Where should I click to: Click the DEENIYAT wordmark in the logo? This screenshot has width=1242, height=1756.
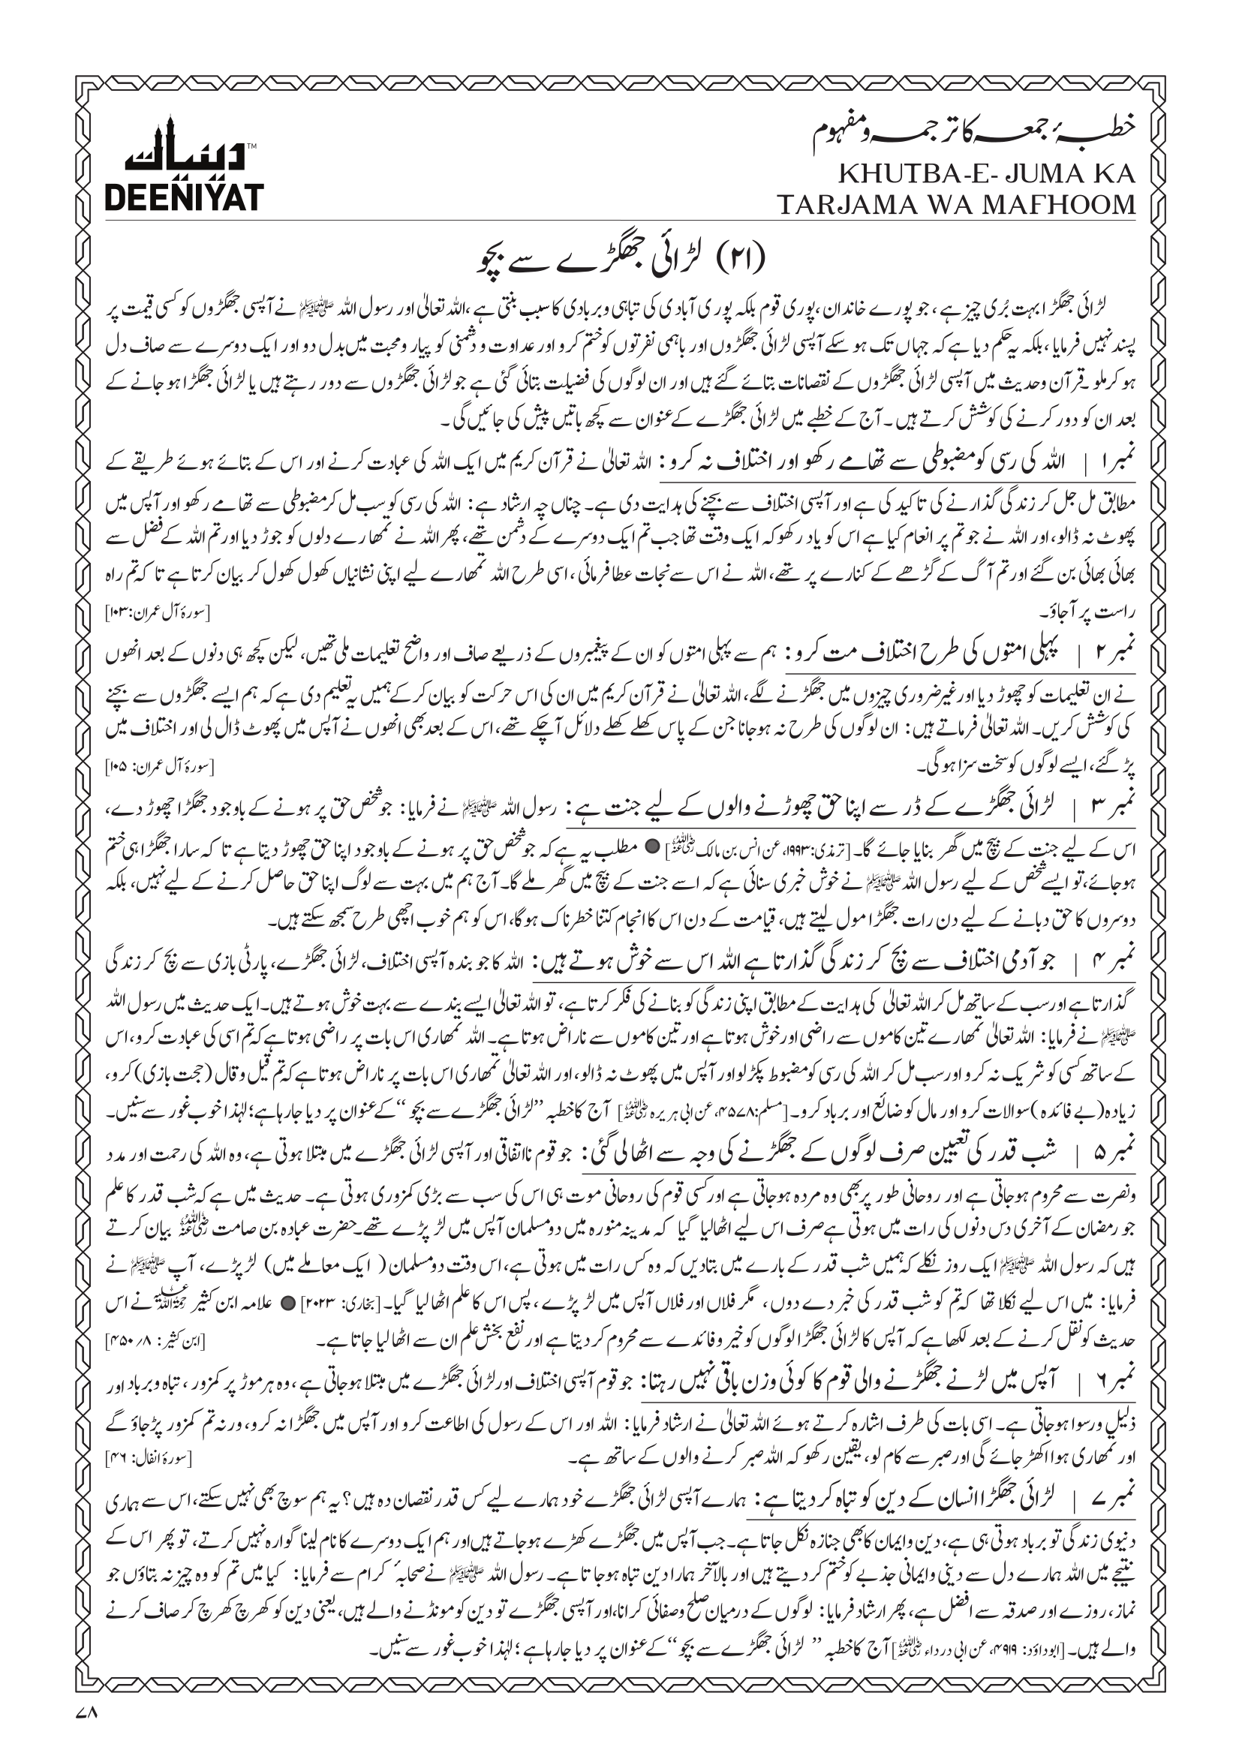184,197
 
